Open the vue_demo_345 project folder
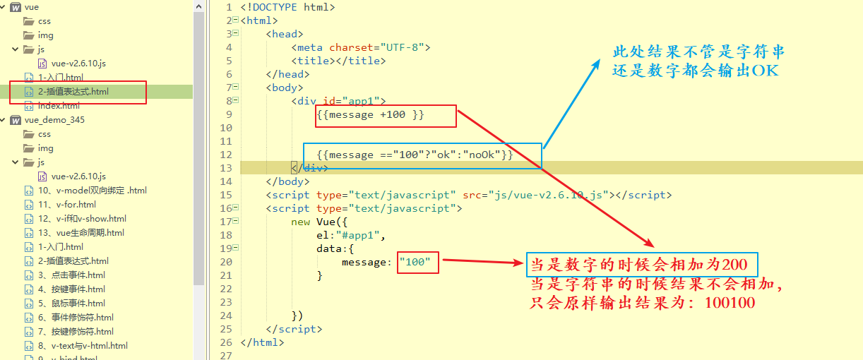coord(54,120)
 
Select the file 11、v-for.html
coord(66,205)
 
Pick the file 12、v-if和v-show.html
coord(82,219)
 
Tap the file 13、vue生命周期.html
coord(81,233)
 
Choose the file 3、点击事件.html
coord(71,275)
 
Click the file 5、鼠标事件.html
coord(71,304)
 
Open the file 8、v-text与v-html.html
coord(83,346)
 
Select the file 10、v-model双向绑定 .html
coord(92,191)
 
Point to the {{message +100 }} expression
coord(371,114)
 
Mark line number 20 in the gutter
coord(226,262)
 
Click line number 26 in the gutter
coord(226,342)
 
